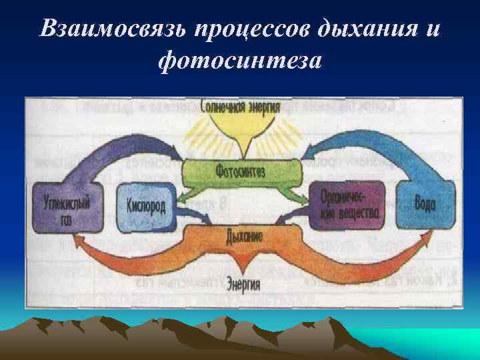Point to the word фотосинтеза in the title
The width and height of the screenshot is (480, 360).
(241, 61)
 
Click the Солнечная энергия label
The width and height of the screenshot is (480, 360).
(241, 107)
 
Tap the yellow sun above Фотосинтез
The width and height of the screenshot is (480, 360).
(241, 131)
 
